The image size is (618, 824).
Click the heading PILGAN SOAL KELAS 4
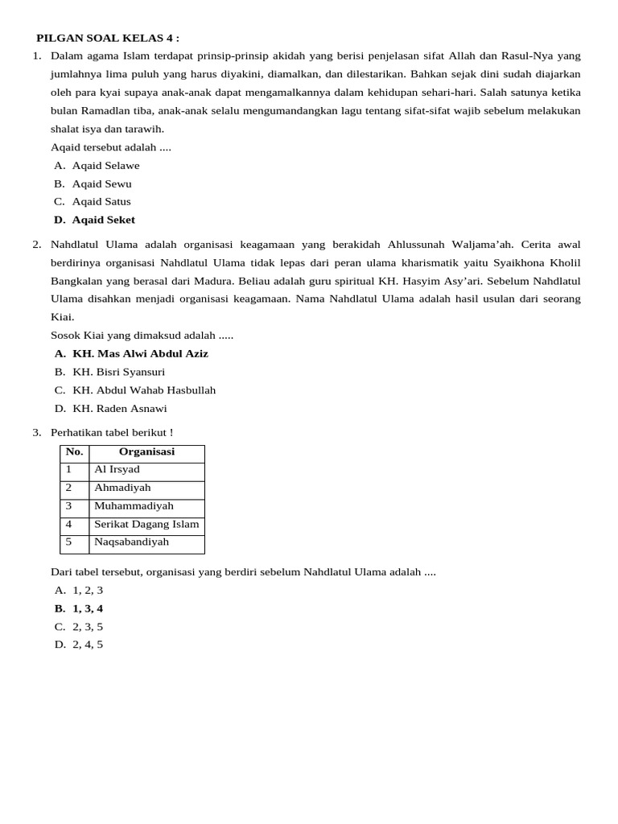coord(107,38)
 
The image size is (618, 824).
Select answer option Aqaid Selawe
coord(105,166)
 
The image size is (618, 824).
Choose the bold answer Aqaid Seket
coord(103,220)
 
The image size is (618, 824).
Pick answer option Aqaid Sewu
coord(101,183)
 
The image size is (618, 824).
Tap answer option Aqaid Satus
coord(101,201)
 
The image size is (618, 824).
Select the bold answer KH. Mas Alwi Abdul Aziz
coord(140,353)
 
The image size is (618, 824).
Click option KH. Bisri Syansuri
coord(118,372)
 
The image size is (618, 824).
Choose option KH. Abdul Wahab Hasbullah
coord(144,390)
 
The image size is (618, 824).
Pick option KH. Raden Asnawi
coord(120,408)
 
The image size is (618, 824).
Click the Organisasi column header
coord(146,452)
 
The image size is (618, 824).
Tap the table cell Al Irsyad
coord(117,469)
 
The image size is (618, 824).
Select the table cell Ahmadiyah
coord(122,488)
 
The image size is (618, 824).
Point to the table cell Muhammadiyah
coord(134,506)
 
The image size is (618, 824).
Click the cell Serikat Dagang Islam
coord(146,524)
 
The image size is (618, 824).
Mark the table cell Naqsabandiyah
coord(131,542)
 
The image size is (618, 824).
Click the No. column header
coord(74,452)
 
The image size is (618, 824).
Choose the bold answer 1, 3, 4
coord(88,608)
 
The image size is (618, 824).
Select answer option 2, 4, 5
coord(88,645)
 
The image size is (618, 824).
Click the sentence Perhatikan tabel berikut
coord(111,433)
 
